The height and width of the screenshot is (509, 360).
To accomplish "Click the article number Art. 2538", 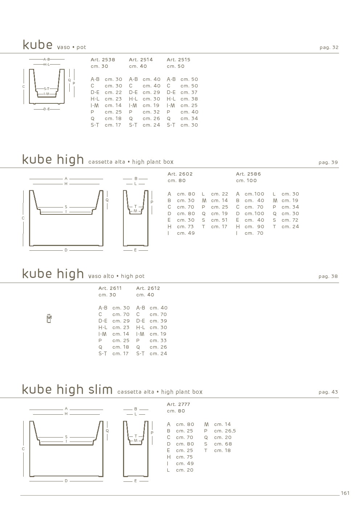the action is (103, 59).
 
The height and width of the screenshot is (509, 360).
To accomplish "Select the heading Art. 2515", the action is (179, 59).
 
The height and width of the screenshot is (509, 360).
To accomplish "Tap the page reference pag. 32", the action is (329, 48).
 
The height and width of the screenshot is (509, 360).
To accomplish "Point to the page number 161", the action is (345, 493).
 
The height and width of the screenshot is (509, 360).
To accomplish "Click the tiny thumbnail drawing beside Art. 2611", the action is (49, 319).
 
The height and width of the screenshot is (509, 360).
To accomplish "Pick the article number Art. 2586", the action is (249, 174).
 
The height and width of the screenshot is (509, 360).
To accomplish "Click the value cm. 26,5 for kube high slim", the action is (225, 431).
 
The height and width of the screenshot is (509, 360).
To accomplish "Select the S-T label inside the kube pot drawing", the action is (46, 89).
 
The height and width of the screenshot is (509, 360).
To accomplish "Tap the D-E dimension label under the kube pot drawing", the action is (46, 109).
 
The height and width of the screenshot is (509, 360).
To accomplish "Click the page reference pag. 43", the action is (328, 392).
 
